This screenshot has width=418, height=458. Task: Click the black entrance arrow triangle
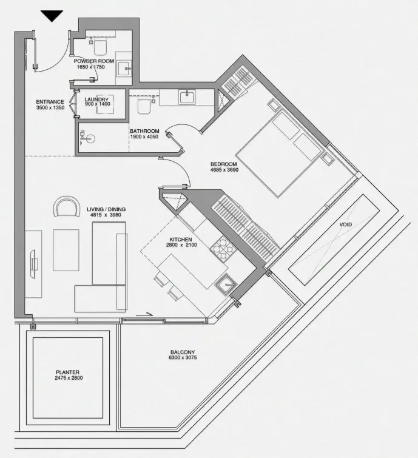point(52,16)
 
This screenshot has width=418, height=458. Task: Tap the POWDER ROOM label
point(94,61)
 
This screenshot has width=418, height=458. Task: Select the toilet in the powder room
point(99,47)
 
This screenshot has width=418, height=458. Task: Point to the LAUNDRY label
point(96,99)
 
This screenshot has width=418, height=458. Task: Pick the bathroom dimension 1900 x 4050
point(144,136)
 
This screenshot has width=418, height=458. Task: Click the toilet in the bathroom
point(144,107)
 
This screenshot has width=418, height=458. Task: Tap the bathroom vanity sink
point(187,96)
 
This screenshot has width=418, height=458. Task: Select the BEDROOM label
point(224,164)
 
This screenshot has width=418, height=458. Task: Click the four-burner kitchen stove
point(223,248)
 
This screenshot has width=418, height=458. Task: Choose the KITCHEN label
point(181,240)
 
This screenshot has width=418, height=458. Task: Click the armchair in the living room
point(67,206)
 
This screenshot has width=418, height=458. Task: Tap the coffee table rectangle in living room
point(66,250)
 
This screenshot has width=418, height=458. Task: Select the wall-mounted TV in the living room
point(33,264)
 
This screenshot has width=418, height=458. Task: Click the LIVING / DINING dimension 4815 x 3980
point(106,215)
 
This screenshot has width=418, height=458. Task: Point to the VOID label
point(346,224)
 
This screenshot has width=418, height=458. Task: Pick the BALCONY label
point(183,352)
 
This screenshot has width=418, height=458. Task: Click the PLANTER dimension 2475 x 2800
point(69,378)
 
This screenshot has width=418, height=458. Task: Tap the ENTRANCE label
point(50,102)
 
